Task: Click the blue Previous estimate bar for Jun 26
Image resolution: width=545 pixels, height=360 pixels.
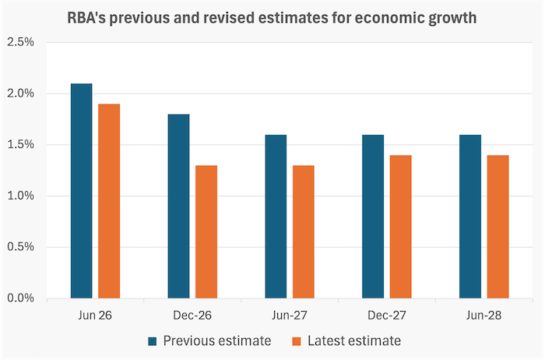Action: [81, 191]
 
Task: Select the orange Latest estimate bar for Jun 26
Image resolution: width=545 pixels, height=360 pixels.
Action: [109, 201]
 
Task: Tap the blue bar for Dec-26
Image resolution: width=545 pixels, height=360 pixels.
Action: [178, 206]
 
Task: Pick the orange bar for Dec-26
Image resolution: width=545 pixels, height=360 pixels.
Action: [206, 231]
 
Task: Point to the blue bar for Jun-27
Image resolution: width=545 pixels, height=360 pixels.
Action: [276, 217]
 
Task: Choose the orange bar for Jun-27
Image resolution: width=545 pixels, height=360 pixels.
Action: [304, 231]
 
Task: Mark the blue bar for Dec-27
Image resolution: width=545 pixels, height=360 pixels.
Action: [373, 217]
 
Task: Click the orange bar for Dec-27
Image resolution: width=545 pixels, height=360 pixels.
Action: [400, 227]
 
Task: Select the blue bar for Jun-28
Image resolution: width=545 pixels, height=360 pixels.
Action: [470, 217]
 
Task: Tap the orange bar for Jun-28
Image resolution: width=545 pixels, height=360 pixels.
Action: [498, 227]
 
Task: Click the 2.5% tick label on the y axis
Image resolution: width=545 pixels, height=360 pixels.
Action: [20, 42]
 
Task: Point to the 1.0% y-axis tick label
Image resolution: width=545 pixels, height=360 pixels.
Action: [20, 196]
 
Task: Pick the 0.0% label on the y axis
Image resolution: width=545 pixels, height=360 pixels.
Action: [20, 298]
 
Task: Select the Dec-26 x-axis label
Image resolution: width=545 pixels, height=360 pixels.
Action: [192, 315]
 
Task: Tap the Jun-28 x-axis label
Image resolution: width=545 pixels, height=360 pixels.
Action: [483, 315]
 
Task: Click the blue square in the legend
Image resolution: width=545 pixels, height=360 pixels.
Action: [153, 341]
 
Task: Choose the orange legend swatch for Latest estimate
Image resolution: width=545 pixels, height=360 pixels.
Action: [297, 341]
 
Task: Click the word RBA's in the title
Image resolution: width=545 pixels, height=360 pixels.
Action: [86, 18]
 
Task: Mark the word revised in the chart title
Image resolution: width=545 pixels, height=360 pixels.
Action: [229, 18]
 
